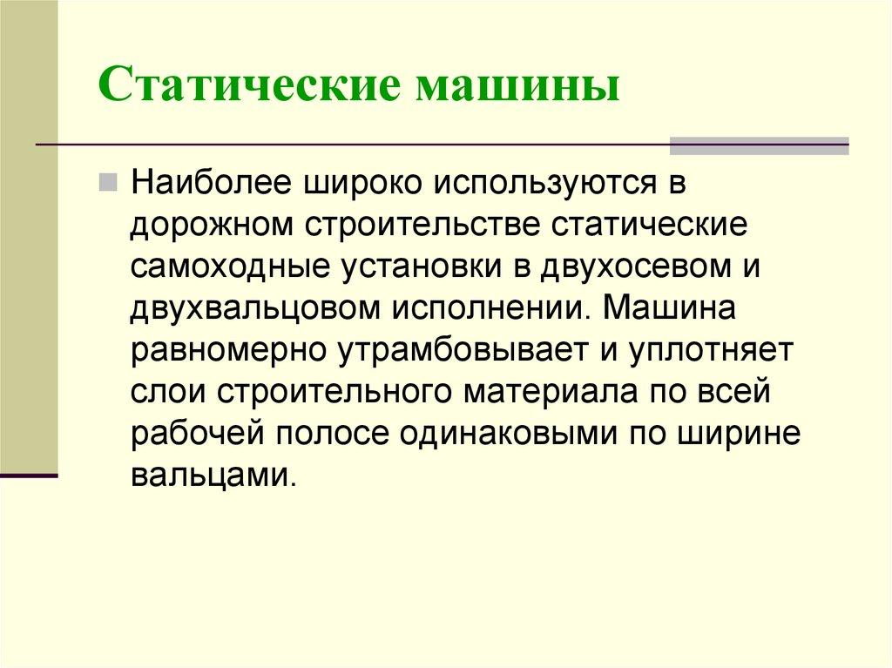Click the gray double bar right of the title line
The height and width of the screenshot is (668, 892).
click(758, 145)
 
